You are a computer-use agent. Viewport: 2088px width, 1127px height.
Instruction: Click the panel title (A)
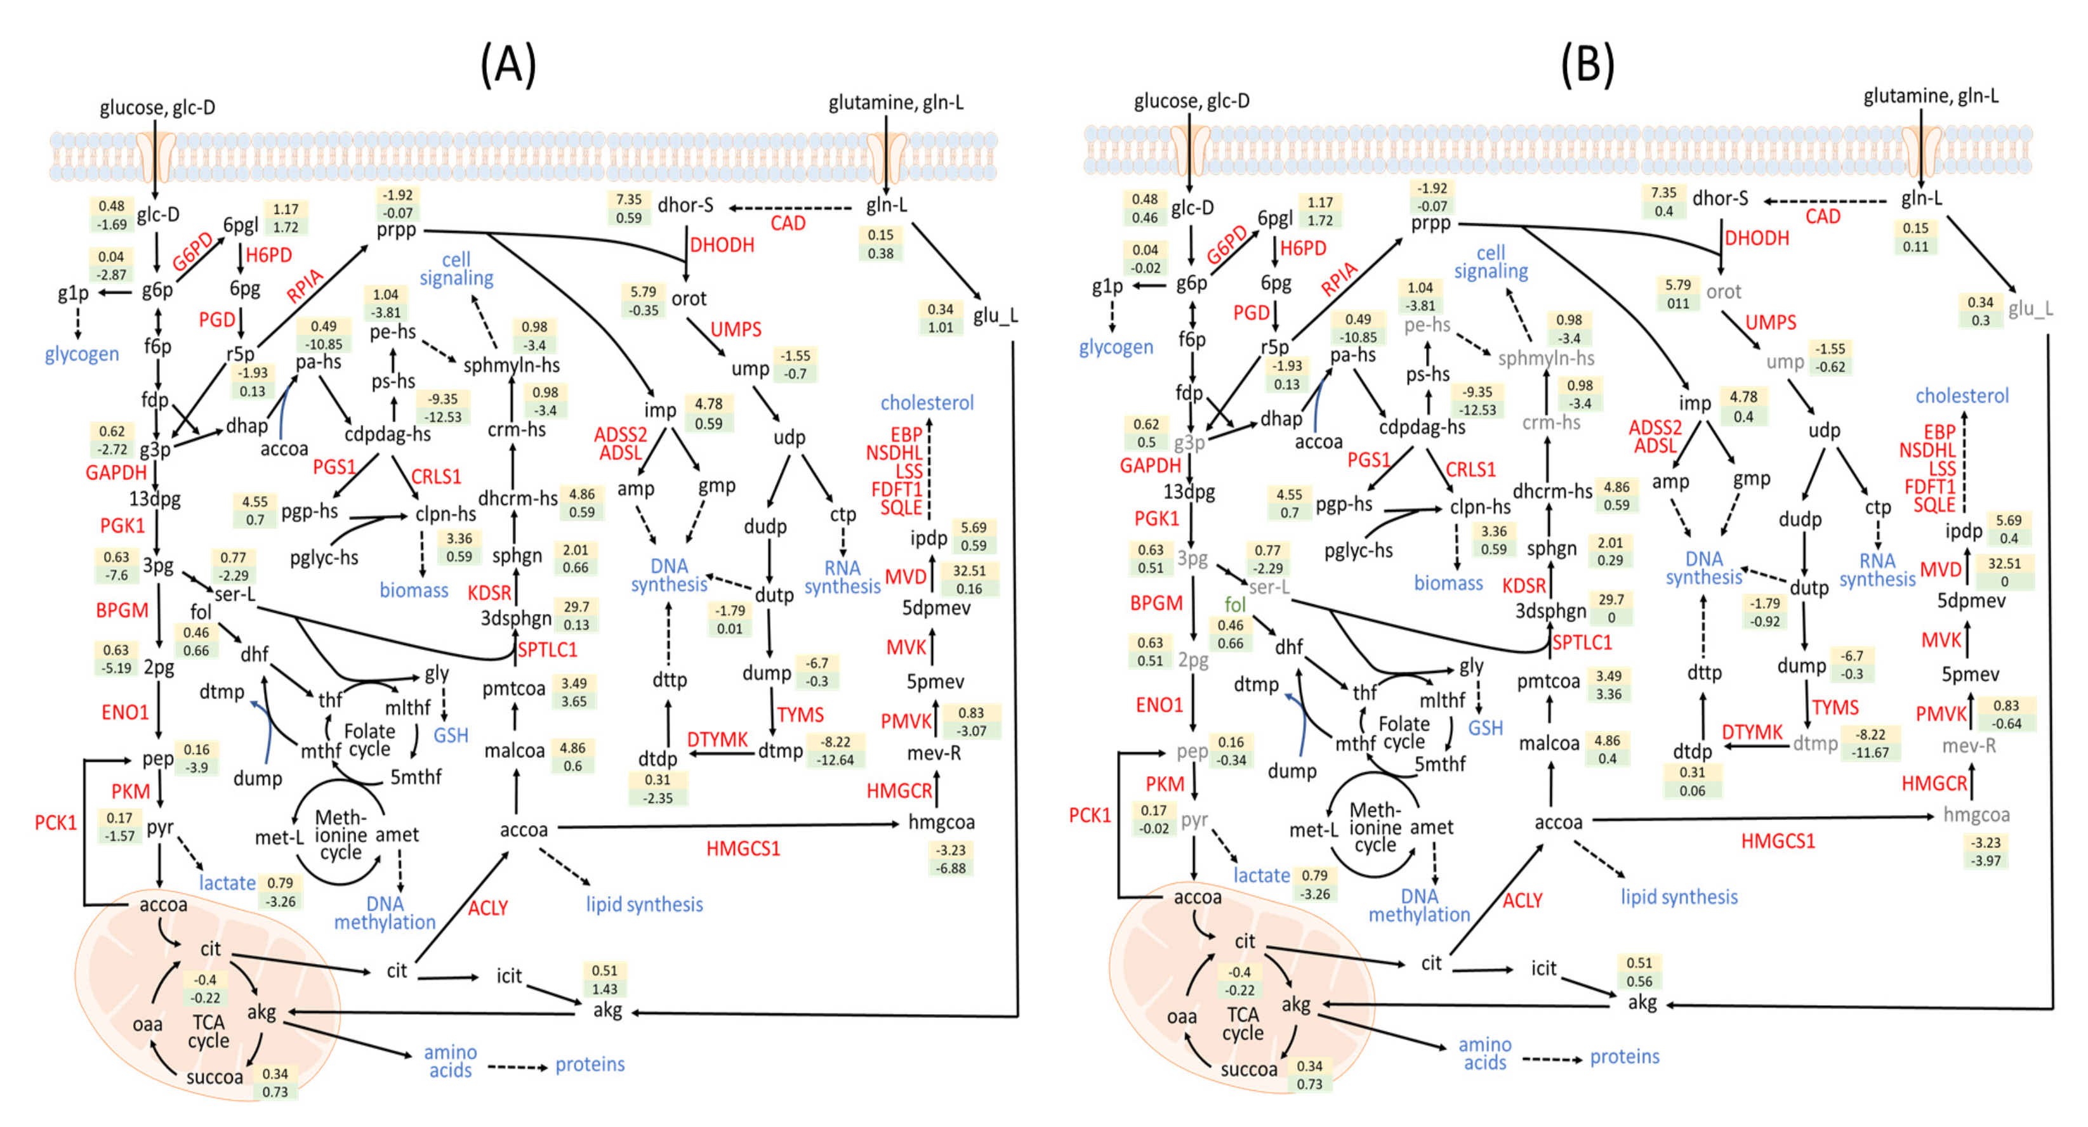[x=508, y=65]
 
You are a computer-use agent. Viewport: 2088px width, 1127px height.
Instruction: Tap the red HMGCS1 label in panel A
[x=743, y=849]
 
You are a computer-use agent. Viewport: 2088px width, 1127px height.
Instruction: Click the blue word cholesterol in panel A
[x=927, y=403]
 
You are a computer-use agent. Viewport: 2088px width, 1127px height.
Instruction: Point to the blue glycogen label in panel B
[x=1115, y=347]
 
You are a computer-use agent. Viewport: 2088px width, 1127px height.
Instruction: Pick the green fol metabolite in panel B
[x=1234, y=604]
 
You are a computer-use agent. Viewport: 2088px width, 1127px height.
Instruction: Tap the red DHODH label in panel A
[x=722, y=245]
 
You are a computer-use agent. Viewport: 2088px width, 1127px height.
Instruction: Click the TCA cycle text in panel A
[x=208, y=1031]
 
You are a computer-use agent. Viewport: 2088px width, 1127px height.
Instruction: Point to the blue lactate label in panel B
[x=1261, y=875]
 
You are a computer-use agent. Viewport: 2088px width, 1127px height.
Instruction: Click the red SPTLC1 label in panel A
[x=547, y=649]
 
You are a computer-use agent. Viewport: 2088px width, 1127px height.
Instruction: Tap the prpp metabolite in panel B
[x=1431, y=223]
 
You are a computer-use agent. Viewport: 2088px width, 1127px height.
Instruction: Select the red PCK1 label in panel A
[x=55, y=823]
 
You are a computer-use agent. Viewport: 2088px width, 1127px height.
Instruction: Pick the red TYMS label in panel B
[x=1835, y=707]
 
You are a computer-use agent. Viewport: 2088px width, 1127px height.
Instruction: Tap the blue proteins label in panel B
[x=1624, y=1057]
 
